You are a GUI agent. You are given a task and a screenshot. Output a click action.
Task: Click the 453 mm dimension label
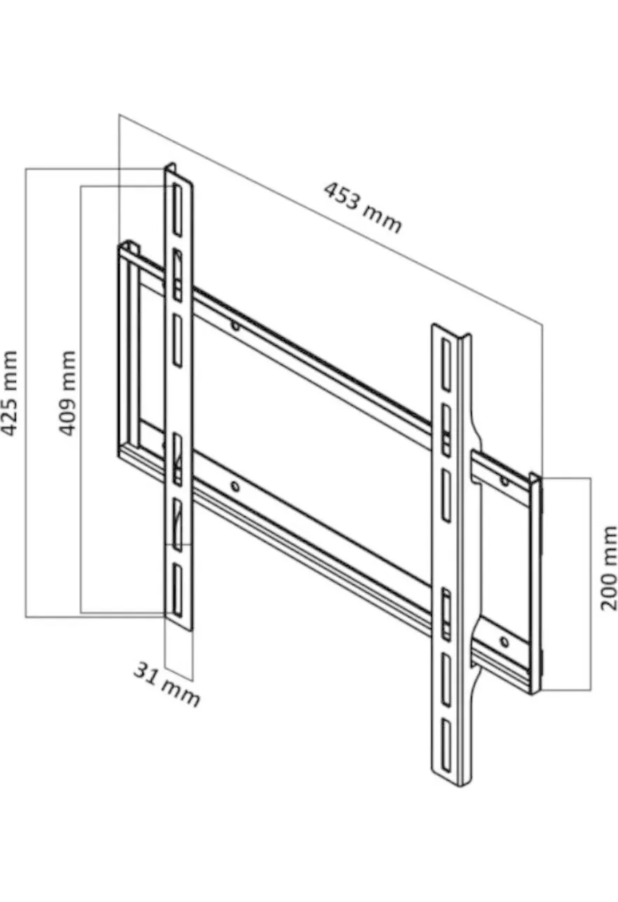point(363,207)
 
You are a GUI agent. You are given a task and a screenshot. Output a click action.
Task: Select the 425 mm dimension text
point(9,393)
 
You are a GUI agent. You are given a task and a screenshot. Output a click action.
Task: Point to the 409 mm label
point(67,393)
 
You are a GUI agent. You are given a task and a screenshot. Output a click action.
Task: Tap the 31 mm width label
point(167,684)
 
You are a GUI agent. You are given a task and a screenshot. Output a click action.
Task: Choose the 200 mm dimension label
point(608,568)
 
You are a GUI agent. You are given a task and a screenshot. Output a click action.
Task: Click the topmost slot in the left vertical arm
point(177,210)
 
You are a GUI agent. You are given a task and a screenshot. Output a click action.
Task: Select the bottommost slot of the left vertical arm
point(177,590)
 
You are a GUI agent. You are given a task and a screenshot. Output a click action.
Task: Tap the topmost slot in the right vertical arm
point(446,365)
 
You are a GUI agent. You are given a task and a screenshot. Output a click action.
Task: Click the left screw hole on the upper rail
point(235,325)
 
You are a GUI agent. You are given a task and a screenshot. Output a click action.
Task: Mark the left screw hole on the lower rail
point(235,487)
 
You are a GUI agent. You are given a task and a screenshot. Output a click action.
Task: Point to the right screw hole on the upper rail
point(504,480)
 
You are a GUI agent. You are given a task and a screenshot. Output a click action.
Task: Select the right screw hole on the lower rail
point(504,642)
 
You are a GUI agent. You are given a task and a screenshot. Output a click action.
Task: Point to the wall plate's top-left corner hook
point(129,246)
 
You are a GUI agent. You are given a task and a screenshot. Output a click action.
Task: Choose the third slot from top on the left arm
point(177,341)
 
